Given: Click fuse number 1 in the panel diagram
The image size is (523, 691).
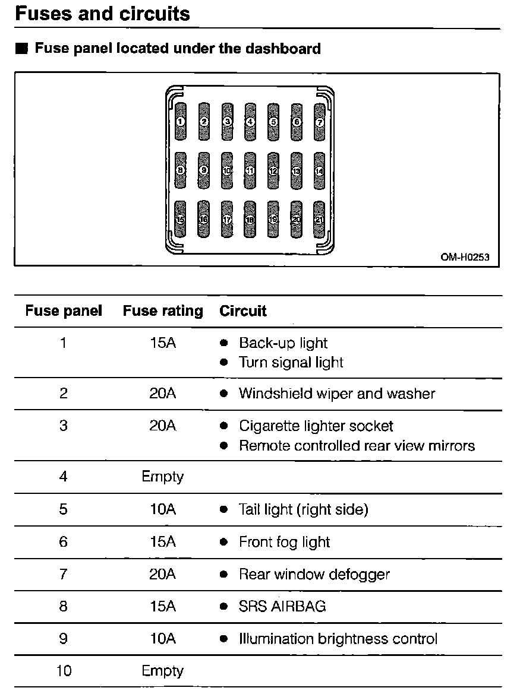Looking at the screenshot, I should tap(181, 122).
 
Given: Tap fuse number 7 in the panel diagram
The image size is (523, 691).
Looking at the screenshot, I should tap(319, 122).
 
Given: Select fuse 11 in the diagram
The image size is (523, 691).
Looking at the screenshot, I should tap(250, 170).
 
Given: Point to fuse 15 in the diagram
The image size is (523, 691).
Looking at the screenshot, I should tap(181, 219).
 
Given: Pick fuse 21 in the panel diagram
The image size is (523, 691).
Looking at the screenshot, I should tap(319, 219).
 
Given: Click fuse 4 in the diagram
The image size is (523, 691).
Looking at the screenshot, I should tap(250, 122).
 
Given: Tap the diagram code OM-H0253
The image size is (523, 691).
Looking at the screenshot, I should tap(461, 258).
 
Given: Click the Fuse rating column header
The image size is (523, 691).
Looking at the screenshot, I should tap(163, 310).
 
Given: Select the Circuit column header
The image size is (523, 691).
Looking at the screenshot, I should tap(243, 310).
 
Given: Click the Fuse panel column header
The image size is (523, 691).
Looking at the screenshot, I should tap(64, 310).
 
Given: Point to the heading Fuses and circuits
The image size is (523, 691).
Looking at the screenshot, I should tap(102, 14).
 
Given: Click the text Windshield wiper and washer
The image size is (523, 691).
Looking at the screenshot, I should tap(337, 394).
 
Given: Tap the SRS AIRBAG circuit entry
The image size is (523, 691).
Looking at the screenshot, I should tap(282, 606).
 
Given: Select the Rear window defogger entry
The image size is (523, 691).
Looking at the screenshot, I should tap(314, 574).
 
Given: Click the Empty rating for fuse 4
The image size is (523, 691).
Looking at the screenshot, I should tap(163, 477).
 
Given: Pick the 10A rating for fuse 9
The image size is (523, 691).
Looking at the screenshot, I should tap(163, 639).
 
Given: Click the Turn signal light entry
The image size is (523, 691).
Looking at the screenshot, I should tap(291, 362).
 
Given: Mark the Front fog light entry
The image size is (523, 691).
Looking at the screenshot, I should tap(284, 542).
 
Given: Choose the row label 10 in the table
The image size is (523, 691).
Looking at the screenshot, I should tap(64, 671).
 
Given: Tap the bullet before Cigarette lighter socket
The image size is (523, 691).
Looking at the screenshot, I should tap(224, 426).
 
